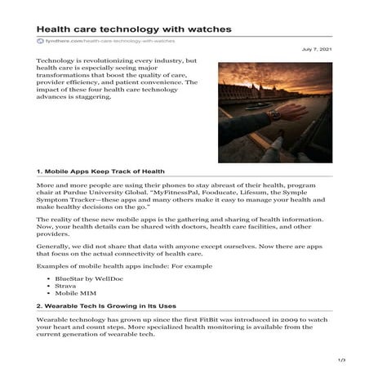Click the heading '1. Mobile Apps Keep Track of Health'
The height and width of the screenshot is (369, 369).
tap(101, 172)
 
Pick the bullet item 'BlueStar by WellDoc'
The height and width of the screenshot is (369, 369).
tap(85, 278)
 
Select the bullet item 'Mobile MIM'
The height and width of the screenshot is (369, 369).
tap(74, 294)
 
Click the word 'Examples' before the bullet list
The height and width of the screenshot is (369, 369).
tap(54, 266)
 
